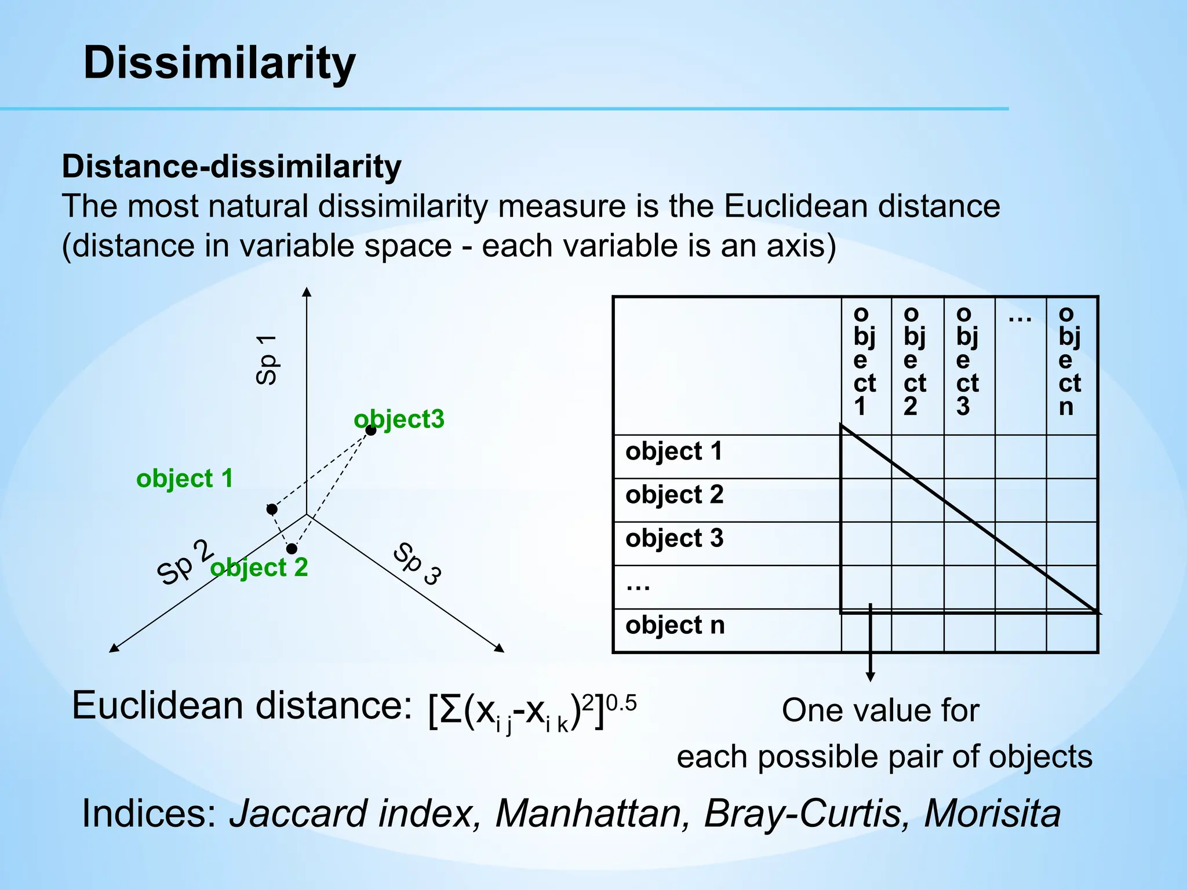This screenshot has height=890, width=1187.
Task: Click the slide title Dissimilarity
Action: point(219,63)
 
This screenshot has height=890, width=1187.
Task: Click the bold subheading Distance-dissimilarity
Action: point(231,166)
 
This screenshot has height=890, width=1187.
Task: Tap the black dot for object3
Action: point(371,430)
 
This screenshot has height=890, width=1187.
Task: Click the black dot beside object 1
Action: point(272,509)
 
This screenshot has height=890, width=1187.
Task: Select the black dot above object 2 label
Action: point(292,549)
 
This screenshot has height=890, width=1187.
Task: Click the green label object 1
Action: point(184,479)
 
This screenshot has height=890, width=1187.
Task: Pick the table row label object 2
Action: point(674,495)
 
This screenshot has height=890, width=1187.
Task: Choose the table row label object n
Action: point(675,625)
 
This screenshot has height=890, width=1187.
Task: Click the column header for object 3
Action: point(967,360)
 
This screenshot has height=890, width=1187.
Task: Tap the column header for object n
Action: point(1070,360)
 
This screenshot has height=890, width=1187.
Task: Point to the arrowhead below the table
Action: point(870,676)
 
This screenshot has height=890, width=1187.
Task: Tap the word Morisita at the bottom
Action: point(992,813)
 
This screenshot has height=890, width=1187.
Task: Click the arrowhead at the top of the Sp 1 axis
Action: point(307,291)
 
